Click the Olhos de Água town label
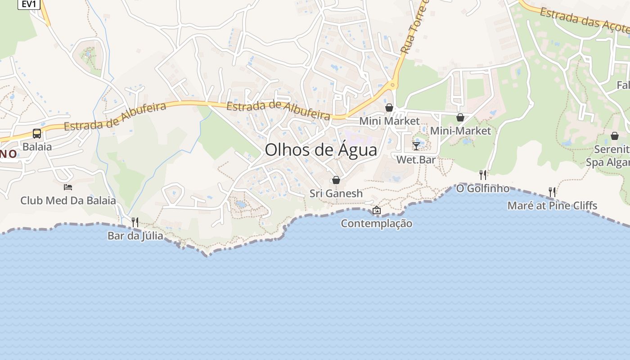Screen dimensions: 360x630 (321, 150)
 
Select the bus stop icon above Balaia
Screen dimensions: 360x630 (37, 134)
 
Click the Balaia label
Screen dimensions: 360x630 (37, 147)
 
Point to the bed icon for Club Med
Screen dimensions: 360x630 (68, 187)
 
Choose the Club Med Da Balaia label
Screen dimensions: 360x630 (68, 201)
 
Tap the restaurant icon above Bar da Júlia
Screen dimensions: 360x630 (135, 222)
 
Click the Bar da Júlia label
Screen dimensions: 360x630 (135, 235)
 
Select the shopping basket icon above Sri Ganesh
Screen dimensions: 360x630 (336, 180)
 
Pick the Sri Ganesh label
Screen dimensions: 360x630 (336, 193)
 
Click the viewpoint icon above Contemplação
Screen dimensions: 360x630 (377, 210)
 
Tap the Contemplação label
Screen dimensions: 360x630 (377, 223)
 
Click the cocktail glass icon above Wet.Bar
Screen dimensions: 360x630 (416, 146)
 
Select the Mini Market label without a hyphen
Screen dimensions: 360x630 (389, 121)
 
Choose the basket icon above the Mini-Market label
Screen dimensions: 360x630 (460, 118)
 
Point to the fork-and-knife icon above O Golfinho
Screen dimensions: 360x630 (483, 175)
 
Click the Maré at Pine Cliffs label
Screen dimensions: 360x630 (552, 206)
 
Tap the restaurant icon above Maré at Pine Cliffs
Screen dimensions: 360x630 (552, 192)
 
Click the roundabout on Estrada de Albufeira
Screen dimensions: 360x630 (393, 85)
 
